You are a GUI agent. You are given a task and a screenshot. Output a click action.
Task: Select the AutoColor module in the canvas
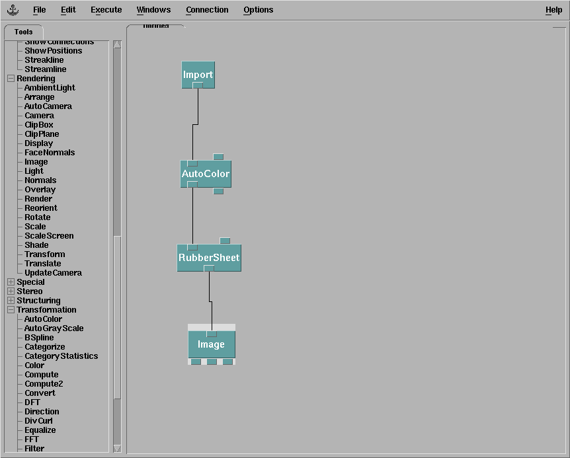[x=206, y=174]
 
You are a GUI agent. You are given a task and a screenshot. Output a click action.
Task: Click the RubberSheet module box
[x=209, y=257]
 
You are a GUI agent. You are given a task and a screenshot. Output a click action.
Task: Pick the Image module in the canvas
[x=211, y=344]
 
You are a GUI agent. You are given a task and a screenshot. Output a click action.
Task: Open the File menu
[x=40, y=10]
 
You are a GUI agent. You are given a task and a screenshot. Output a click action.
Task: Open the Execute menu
[x=106, y=10]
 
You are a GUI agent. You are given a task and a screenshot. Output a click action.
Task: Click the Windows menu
[x=153, y=10]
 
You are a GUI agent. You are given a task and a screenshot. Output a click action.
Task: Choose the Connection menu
[x=207, y=10]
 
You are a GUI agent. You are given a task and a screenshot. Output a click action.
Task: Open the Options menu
[x=258, y=10]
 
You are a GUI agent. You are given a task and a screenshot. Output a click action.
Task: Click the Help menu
[x=553, y=10]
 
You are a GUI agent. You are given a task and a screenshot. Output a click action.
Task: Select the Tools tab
[x=23, y=32]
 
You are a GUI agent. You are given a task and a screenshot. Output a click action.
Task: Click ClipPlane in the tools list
[x=42, y=134]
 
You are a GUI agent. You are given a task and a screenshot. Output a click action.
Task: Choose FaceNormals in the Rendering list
[x=50, y=153]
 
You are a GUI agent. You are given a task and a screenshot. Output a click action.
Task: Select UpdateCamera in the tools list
[x=53, y=273]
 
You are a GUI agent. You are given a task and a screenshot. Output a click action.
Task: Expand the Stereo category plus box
[x=11, y=291]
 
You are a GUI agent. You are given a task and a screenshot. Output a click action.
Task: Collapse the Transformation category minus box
[x=11, y=310]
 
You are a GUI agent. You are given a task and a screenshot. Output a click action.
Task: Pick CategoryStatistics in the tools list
[x=61, y=356]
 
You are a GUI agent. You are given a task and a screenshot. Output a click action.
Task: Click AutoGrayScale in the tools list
[x=54, y=328]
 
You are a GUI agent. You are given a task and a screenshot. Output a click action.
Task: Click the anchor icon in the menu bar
[x=13, y=10]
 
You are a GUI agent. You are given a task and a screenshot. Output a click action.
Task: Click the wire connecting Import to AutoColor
[x=193, y=142]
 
